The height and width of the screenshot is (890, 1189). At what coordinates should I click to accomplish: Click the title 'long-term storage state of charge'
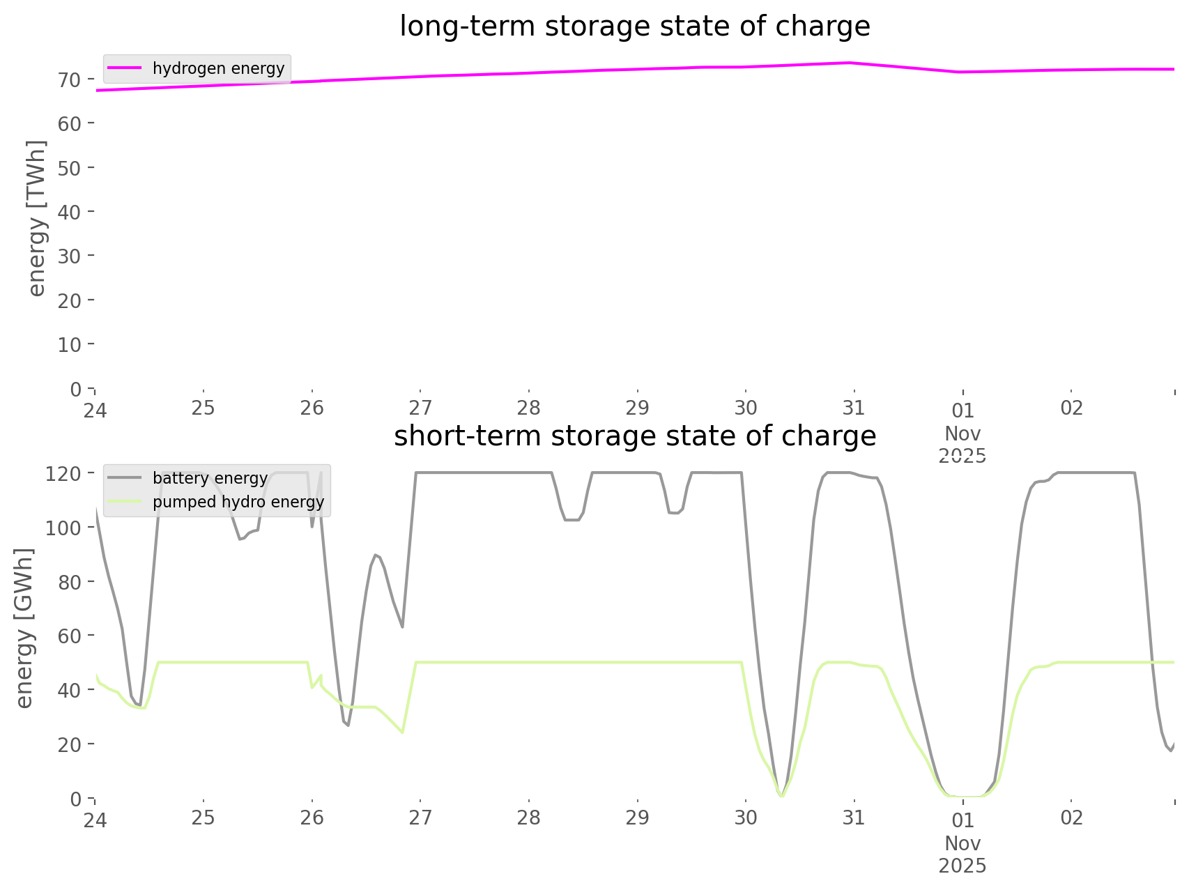634,26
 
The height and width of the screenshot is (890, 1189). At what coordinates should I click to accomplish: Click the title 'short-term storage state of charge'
634,436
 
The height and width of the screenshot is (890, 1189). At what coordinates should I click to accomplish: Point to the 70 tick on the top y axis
70,79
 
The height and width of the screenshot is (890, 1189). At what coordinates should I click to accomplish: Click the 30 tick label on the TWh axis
70,256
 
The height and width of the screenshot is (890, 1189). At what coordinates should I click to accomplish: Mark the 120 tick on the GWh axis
64,473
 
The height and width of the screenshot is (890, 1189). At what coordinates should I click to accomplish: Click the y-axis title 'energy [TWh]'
36,217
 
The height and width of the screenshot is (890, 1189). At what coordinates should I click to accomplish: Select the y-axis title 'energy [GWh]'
24,627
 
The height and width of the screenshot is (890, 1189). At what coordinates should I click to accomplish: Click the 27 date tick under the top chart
420,408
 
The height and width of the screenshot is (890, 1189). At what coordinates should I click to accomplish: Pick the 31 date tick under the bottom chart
854,818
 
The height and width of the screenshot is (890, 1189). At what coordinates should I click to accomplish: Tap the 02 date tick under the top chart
1071,408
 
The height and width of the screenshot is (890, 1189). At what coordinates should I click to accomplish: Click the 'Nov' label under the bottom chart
962,843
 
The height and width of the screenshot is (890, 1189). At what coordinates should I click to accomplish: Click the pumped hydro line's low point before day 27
402,732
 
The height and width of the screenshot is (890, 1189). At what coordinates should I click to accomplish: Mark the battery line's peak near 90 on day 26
376,555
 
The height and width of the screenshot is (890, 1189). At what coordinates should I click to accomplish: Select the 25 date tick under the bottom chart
204,818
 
